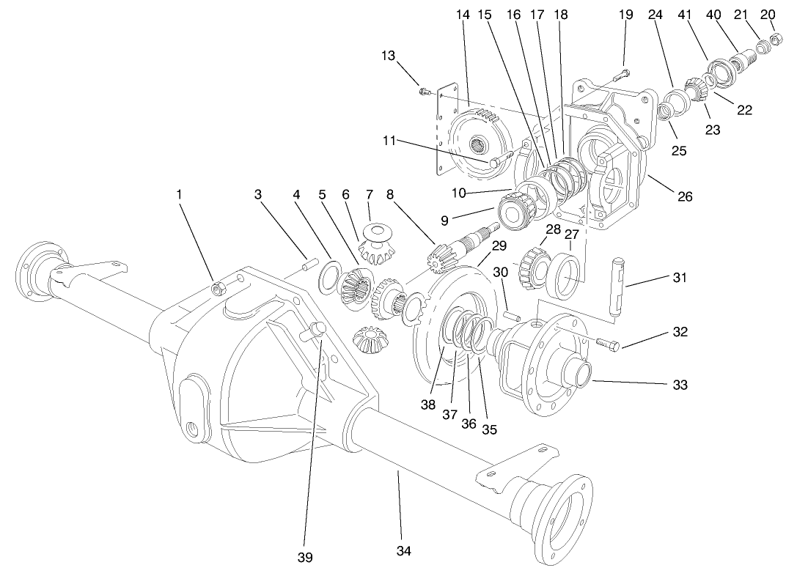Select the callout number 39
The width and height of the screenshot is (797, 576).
[305, 558]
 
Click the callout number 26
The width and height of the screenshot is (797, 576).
[685, 196]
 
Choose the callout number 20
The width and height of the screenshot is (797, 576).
[768, 14]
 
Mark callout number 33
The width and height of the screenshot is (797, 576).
[680, 384]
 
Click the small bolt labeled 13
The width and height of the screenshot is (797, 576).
[424, 92]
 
